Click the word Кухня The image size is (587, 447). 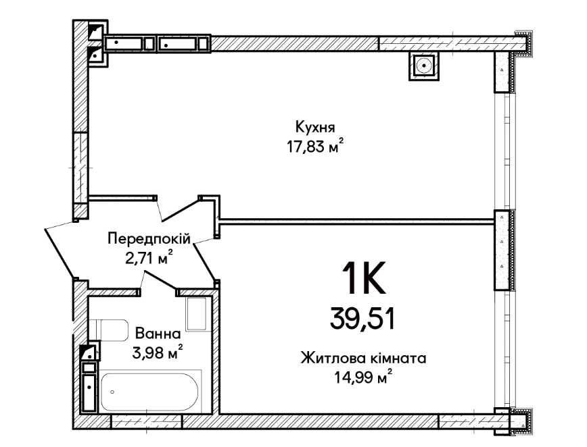(315, 127)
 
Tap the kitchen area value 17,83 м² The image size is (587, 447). (315, 146)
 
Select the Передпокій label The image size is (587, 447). (149, 238)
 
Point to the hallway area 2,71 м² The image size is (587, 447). (149, 258)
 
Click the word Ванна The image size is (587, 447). (158, 334)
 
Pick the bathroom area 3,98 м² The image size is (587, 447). (158, 352)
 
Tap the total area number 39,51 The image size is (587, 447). (362, 320)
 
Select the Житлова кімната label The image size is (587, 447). (364, 359)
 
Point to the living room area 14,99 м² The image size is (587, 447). (364, 378)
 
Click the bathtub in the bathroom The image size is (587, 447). (149, 392)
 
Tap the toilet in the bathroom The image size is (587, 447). (109, 330)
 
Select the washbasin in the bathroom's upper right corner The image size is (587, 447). (197, 313)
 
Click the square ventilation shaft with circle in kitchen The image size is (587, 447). (423, 66)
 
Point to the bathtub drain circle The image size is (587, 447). (112, 392)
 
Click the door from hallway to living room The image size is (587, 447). (205, 260)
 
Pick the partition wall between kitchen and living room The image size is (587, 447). (356, 221)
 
